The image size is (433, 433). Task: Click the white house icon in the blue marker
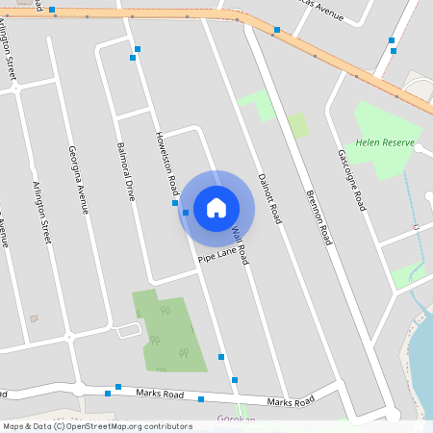[216, 207]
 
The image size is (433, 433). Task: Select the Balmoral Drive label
[125, 170]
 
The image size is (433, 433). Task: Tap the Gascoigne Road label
[351, 181]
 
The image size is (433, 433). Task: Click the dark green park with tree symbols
[168, 332]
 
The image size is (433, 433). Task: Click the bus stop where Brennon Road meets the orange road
[277, 30]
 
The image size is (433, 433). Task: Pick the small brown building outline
[35, 318]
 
